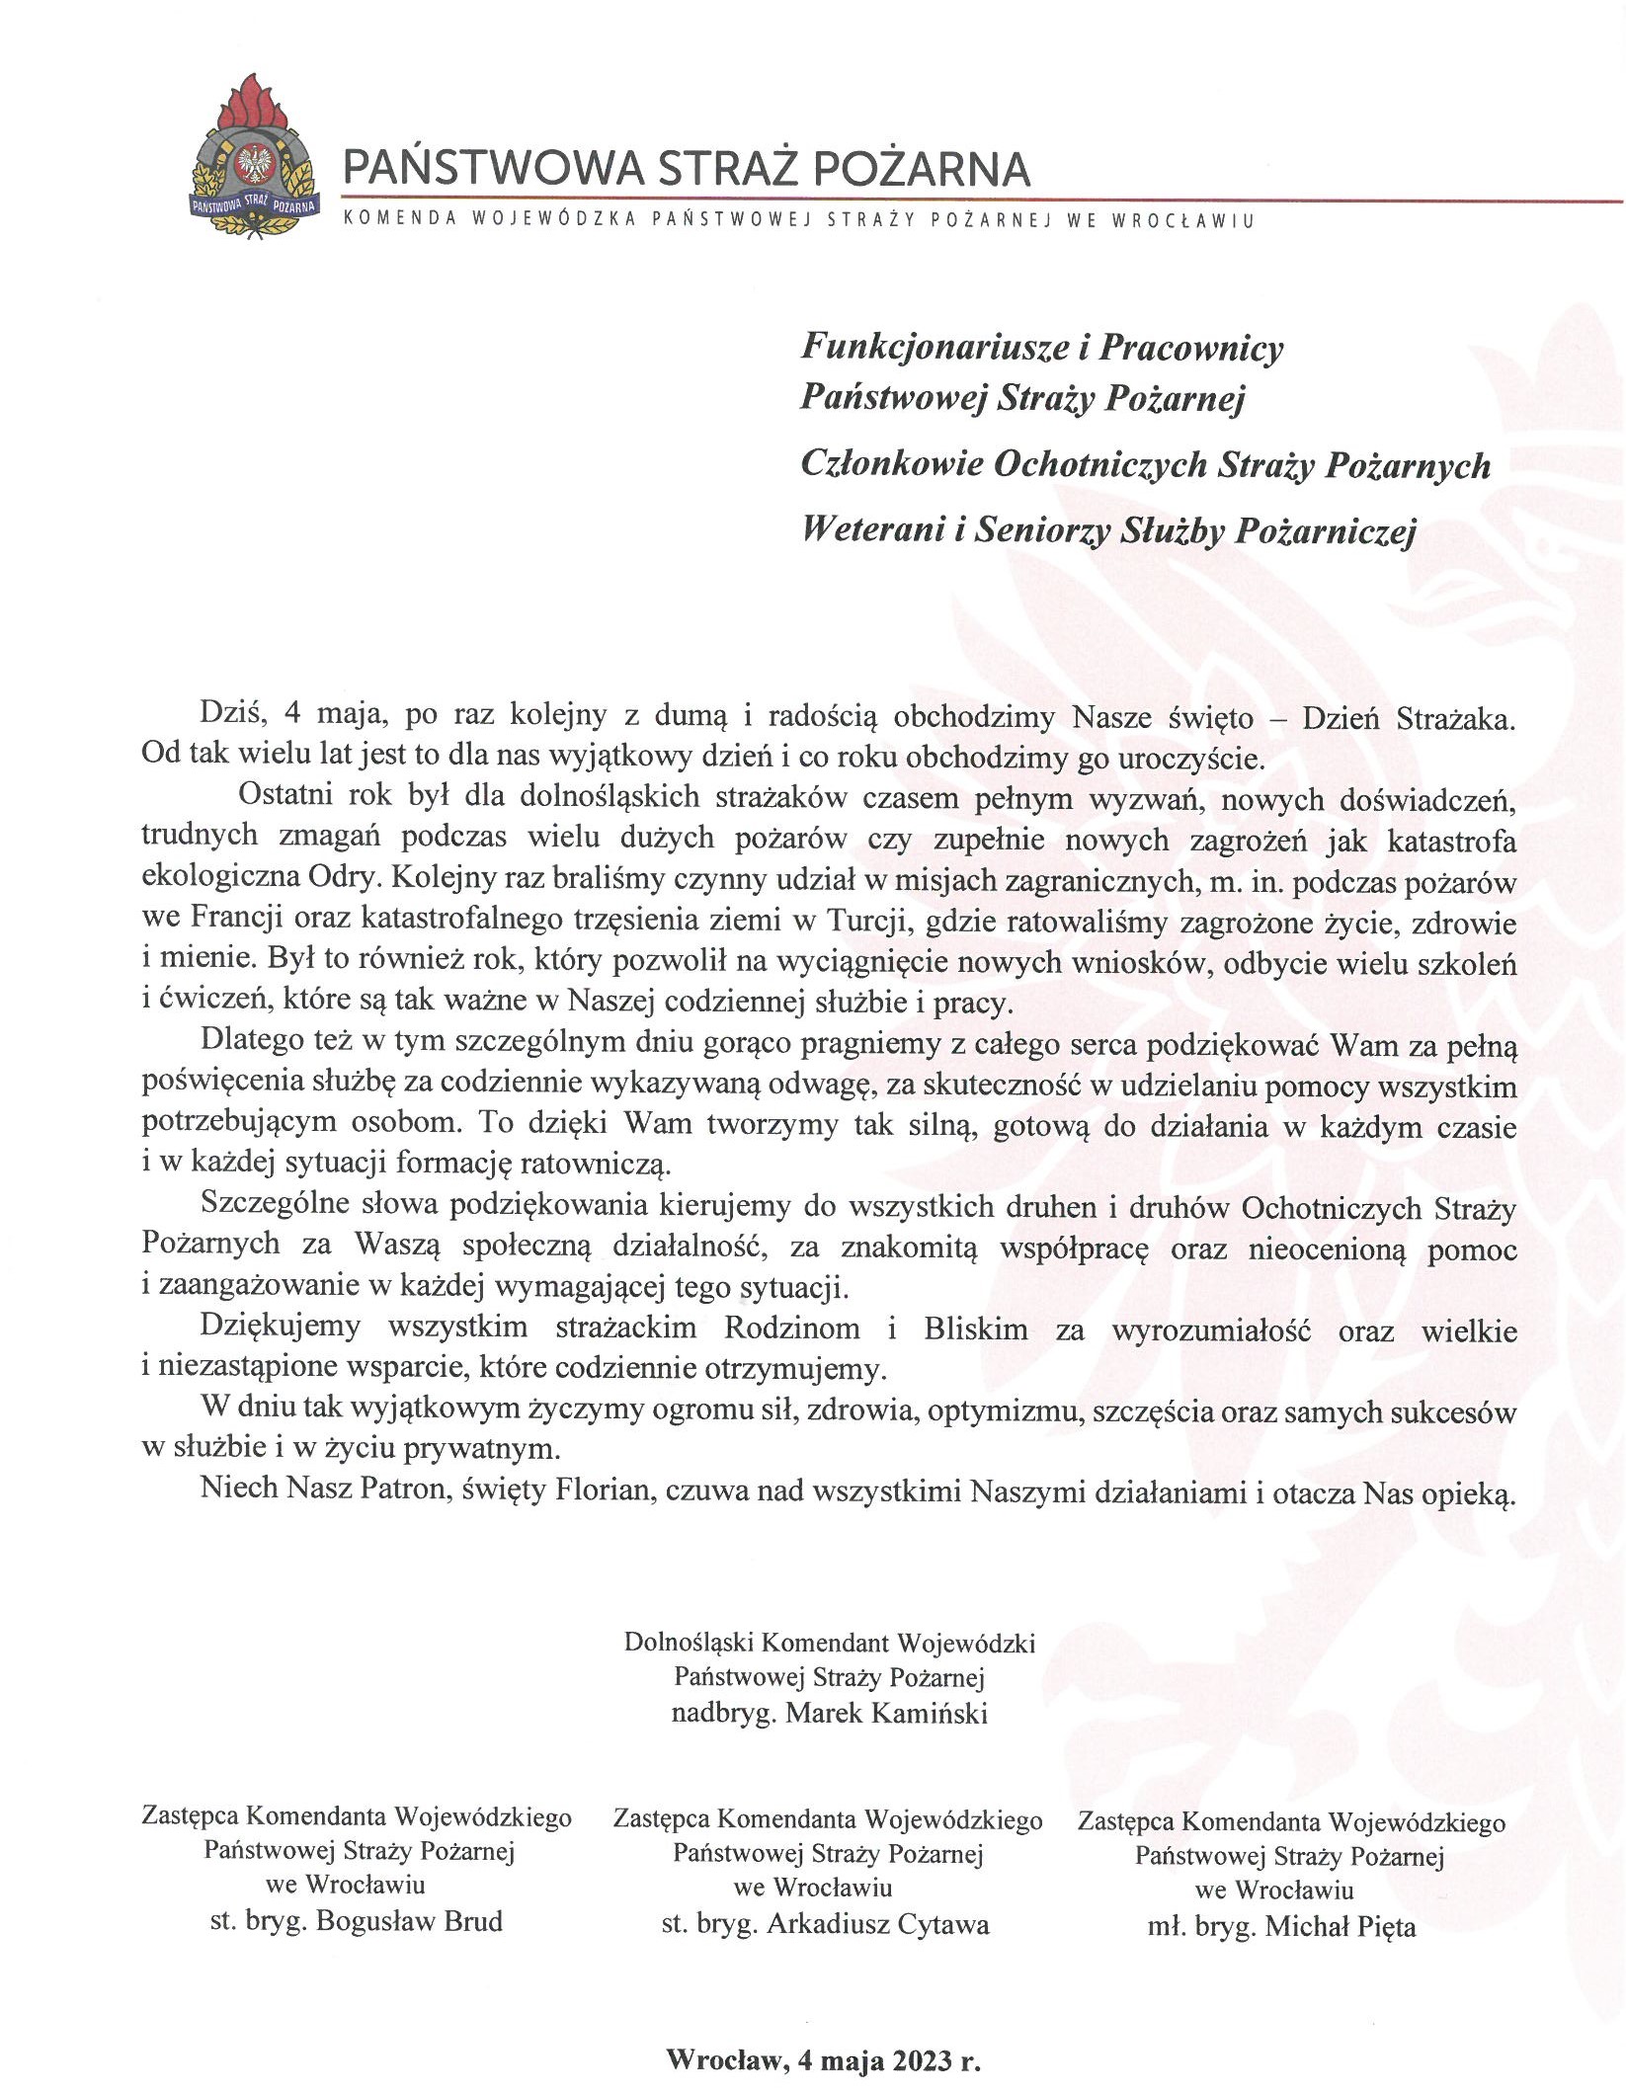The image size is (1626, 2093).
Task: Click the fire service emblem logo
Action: click(256, 158)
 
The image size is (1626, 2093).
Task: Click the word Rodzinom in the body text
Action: click(791, 1328)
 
